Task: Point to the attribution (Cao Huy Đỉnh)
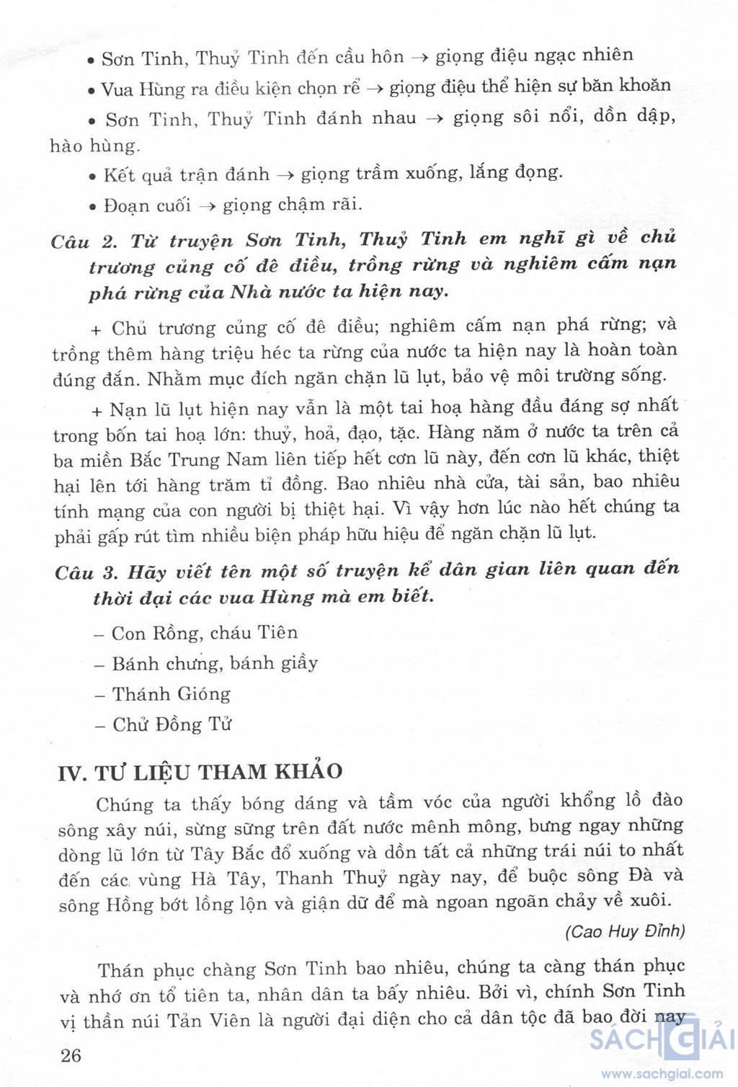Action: pyautogui.click(x=625, y=931)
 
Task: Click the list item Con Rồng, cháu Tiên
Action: pyautogui.click(x=205, y=633)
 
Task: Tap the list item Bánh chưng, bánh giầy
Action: pyautogui.click(x=215, y=663)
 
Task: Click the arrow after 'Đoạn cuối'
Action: pyautogui.click(x=208, y=206)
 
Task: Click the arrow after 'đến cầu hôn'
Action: pyautogui.click(x=420, y=58)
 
